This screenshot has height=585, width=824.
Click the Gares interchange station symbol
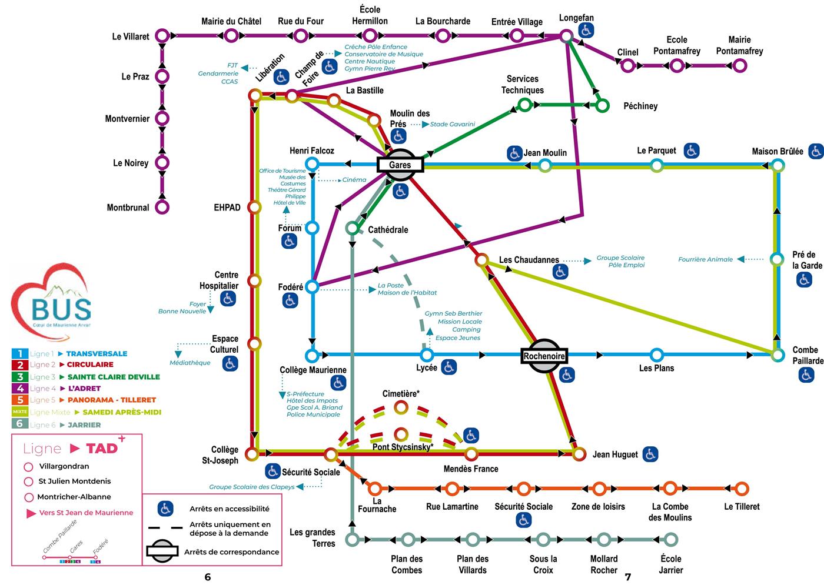pos(400,165)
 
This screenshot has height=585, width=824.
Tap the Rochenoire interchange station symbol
pos(544,356)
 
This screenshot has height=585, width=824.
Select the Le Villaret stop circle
pos(162,36)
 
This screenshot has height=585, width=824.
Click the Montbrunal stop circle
pos(162,207)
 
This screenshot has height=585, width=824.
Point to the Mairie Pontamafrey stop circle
pos(739,65)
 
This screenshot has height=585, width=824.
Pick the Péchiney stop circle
pos(602,106)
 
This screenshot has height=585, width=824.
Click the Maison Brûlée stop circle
pos(778,166)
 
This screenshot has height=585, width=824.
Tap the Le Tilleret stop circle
pos(742,489)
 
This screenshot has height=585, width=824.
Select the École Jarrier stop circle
pos(670,539)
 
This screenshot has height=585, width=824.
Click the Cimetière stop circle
pos(401,407)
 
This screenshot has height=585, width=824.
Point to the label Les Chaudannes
pos(529,260)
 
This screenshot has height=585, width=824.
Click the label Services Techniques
pos(522,85)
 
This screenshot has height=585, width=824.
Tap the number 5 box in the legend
pos(20,400)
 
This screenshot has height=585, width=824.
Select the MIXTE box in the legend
pos(20,412)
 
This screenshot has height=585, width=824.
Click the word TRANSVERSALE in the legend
pos(97,353)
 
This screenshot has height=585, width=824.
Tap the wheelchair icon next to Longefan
pos(586,31)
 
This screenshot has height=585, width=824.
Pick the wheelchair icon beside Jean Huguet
pos(650,454)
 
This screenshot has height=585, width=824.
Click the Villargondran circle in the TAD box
pos(28,467)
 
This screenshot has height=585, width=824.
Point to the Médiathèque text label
pos(190,363)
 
